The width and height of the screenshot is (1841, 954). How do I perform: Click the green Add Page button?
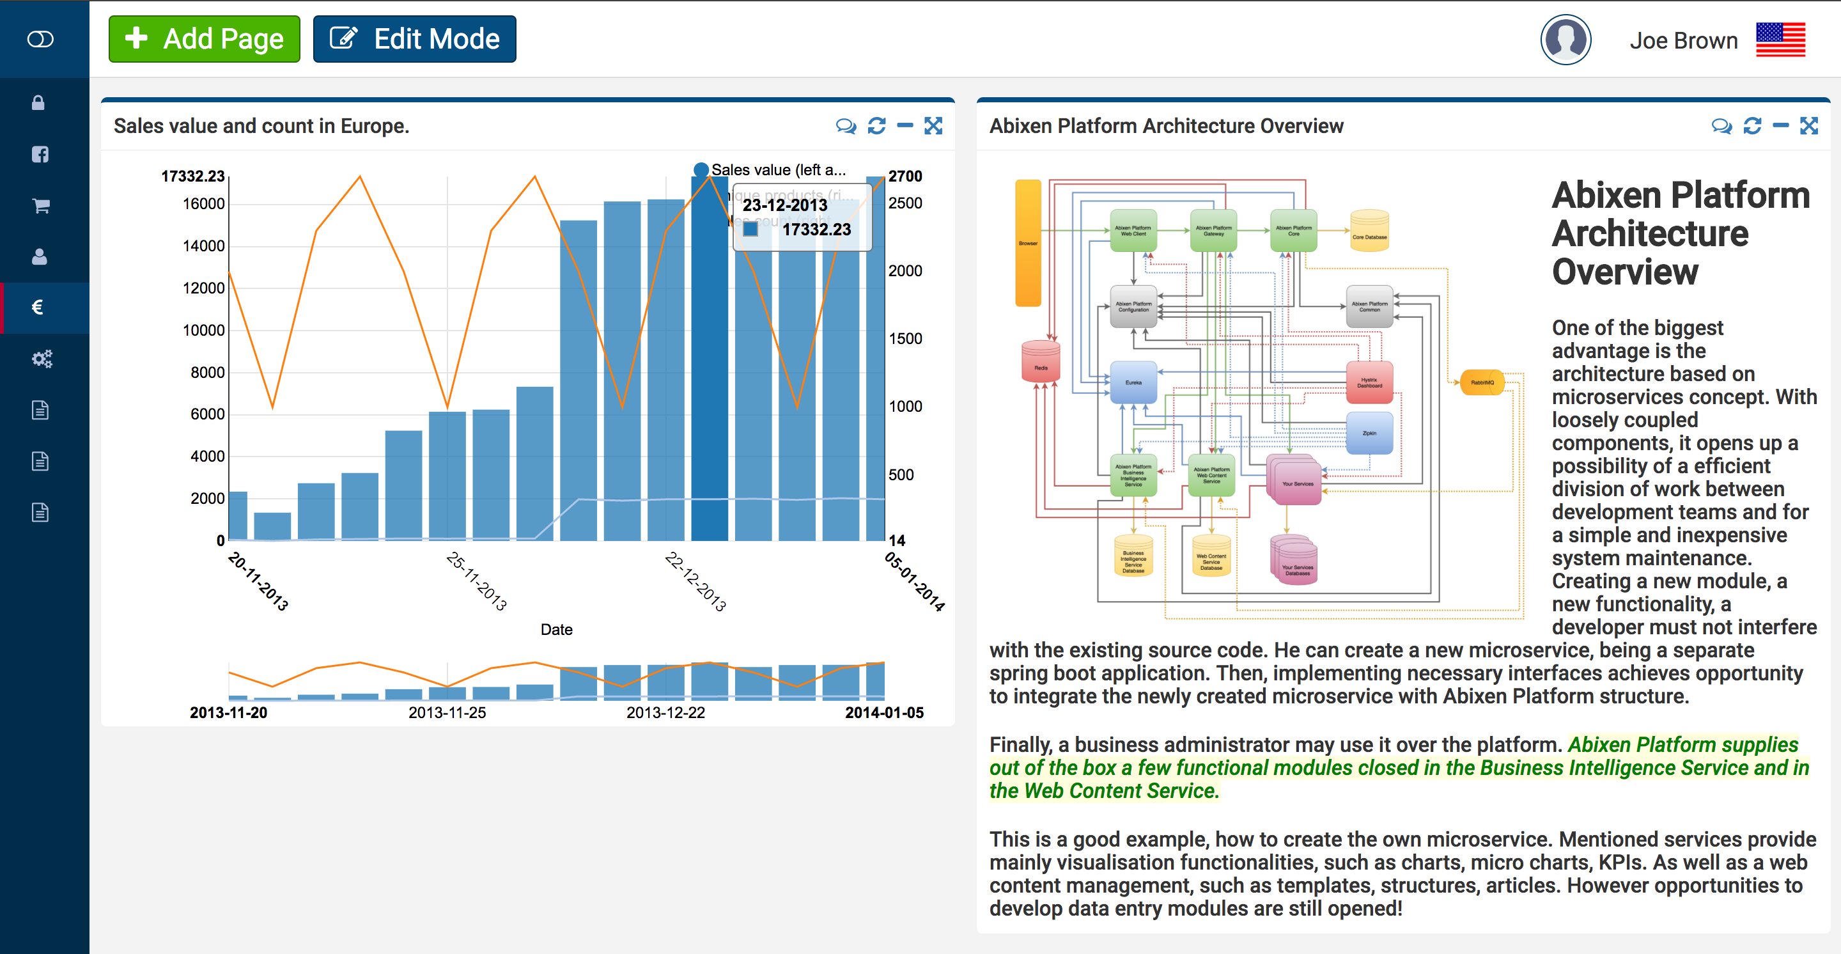coord(205,39)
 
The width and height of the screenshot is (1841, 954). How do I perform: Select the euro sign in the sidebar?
coord(38,308)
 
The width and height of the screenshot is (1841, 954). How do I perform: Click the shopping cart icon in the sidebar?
coord(41,206)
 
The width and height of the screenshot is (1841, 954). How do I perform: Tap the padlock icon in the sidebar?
coord(38,103)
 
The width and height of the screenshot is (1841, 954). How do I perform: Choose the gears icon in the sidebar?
coord(42,359)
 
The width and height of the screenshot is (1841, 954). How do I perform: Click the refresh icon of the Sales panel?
coord(876,127)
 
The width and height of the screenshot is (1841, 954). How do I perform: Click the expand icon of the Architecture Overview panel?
coord(1809,127)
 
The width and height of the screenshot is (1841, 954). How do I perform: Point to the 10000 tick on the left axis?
coord(204,330)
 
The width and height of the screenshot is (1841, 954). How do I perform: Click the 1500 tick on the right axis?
coord(905,339)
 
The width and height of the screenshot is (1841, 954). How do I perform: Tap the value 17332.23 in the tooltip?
coord(816,230)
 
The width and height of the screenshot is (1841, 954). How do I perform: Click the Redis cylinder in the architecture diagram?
coord(1041,361)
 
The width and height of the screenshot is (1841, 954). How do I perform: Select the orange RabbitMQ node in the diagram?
coord(1482,382)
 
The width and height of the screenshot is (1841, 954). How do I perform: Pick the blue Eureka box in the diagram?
coord(1133,382)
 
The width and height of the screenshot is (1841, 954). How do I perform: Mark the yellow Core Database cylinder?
coord(1369,231)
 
